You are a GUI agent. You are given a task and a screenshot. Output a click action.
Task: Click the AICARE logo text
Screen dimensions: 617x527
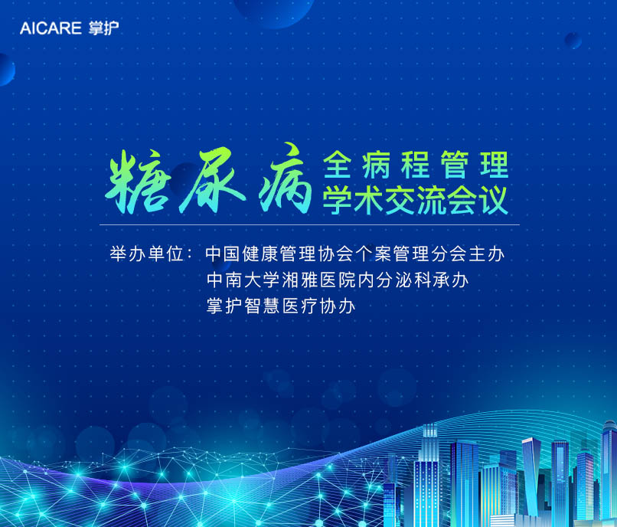point(51,28)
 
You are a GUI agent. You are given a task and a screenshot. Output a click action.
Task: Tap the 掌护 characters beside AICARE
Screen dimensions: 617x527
point(103,28)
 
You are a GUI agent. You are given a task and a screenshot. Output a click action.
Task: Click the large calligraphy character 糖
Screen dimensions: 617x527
point(138,182)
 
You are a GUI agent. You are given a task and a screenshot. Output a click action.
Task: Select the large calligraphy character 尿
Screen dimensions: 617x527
point(213,179)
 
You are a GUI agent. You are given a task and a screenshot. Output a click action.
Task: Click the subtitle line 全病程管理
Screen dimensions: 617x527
point(416,165)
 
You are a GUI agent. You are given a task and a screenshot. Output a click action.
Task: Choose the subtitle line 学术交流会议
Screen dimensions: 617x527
point(416,200)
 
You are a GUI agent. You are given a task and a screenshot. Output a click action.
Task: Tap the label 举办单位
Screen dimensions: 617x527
point(147,254)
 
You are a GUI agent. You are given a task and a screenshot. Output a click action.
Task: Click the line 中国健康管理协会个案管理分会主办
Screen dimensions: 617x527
point(354,254)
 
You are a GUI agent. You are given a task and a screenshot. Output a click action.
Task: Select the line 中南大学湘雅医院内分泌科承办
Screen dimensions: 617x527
point(338,280)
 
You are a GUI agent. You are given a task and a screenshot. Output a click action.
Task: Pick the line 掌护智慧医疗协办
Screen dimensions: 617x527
point(281,306)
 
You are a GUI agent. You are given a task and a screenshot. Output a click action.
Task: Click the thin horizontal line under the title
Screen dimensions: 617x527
point(310,225)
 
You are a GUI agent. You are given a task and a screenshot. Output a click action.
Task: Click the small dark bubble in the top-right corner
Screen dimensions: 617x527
point(573,40)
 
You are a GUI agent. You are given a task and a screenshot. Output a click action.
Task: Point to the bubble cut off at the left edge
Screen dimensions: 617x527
point(7,70)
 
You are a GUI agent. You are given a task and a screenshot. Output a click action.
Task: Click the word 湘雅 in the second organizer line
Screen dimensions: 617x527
point(299,280)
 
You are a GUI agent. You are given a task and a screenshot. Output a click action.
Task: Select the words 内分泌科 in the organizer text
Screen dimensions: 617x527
point(392,280)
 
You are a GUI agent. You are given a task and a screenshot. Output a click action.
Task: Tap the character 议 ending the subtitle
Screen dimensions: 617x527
point(495,200)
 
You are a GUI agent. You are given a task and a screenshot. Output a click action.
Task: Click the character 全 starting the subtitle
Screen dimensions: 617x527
point(338,165)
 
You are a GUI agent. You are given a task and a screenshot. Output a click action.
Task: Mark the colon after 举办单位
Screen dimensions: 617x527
point(189,254)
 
